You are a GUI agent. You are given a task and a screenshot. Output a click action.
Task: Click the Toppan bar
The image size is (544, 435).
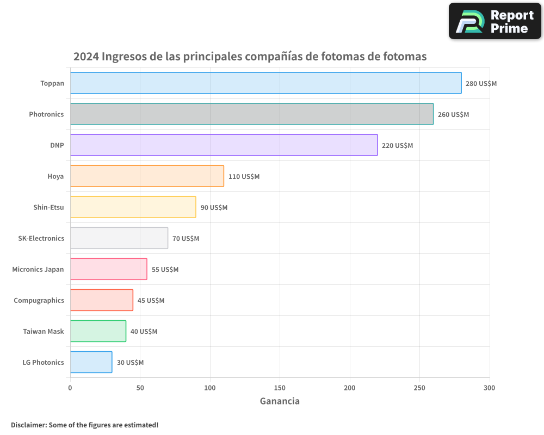(265, 83)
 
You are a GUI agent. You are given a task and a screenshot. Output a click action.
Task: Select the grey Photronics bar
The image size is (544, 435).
(251, 114)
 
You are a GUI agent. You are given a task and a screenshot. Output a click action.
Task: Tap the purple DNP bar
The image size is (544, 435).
(224, 145)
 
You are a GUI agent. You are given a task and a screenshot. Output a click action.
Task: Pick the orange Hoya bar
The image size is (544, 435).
(147, 176)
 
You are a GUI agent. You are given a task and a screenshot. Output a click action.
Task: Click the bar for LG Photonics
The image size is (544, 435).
(91, 362)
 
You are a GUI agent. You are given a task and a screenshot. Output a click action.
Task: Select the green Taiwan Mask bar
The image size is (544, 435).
(98, 331)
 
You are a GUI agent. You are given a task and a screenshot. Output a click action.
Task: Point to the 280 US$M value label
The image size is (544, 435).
(481, 84)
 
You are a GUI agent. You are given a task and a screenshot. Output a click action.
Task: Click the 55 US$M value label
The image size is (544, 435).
(165, 270)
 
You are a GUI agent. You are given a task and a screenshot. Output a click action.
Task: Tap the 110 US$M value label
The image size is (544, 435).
(244, 177)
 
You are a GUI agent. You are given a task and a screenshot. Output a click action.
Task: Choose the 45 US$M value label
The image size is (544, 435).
(151, 301)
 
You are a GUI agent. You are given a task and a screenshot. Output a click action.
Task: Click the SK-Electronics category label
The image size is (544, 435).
(41, 238)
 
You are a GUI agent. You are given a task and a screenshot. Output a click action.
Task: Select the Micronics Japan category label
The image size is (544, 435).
(38, 269)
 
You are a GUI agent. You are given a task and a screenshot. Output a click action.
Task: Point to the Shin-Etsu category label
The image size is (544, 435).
(48, 207)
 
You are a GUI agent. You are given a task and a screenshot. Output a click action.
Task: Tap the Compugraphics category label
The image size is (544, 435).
(39, 300)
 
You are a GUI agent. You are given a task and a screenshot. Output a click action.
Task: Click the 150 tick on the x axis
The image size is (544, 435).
(280, 388)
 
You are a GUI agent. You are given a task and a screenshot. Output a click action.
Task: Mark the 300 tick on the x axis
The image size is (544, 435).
(489, 388)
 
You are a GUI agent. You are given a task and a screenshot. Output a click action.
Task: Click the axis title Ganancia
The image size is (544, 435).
(280, 401)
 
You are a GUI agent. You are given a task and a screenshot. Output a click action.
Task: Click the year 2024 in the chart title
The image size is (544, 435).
(86, 57)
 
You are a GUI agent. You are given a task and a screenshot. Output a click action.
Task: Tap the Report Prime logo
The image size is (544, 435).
(495, 21)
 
